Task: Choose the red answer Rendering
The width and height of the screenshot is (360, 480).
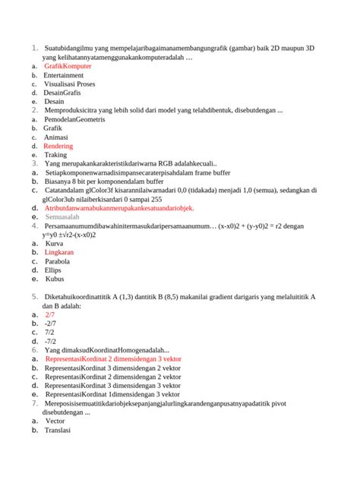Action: pos(58,146)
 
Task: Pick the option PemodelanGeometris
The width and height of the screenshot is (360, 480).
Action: pos(75,120)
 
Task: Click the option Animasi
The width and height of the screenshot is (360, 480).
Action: pos(55,137)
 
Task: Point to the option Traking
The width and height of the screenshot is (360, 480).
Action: pos(55,155)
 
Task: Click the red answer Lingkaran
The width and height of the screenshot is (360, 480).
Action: pos(59,252)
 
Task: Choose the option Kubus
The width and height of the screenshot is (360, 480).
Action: pos(55,279)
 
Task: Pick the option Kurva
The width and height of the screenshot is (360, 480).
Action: pos(55,244)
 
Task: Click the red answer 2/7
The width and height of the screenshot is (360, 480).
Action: pos(50,314)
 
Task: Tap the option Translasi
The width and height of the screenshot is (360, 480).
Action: pos(58,430)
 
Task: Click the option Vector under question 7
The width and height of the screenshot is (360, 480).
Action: pos(55,421)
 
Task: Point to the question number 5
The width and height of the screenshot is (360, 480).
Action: pos(34,296)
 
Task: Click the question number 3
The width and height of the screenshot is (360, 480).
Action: pos(34,163)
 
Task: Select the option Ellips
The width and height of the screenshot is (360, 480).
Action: pos(53,270)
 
